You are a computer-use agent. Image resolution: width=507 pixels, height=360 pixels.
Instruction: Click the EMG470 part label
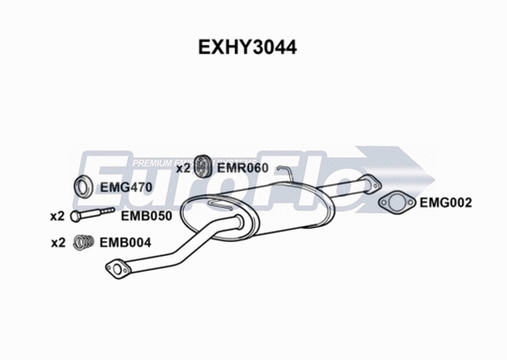pos(120,188)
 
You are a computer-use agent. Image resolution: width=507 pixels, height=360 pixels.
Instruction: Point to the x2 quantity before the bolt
pos(57,216)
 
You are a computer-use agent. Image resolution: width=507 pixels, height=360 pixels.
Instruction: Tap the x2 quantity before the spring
pos(57,242)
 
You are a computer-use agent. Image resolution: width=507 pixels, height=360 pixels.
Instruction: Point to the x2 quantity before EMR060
pos(183,167)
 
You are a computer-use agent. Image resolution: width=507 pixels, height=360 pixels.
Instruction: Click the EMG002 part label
pos(446,203)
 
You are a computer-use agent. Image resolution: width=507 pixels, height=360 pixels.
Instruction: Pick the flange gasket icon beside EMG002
pos(394,202)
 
